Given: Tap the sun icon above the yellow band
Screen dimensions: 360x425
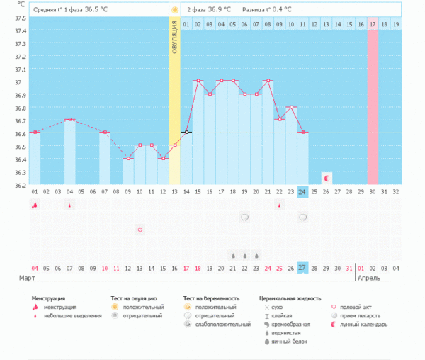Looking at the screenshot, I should tap(174, 10).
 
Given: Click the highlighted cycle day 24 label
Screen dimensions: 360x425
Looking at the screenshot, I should tap(302, 192).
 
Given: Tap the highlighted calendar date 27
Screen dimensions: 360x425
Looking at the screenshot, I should tap(302, 268).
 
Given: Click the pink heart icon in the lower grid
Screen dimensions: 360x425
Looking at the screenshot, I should tap(140, 230).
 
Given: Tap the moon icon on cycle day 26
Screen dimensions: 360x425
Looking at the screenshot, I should tap(326, 179).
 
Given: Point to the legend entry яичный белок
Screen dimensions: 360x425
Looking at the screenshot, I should tap(290, 341).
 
